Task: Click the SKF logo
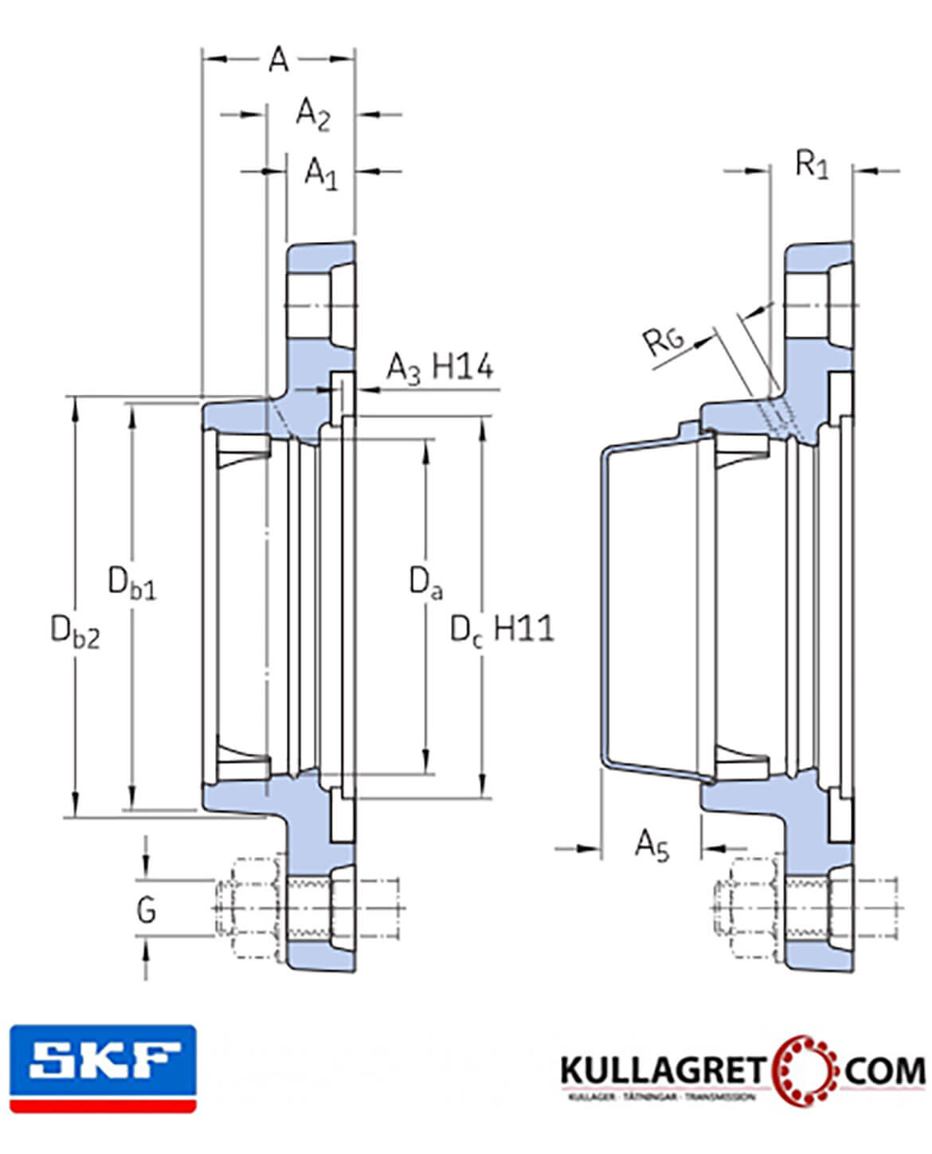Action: click(x=103, y=1067)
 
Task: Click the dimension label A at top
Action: click(x=278, y=59)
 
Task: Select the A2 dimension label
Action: click(x=312, y=114)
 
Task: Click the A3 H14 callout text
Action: click(x=440, y=368)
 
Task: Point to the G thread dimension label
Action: click(x=146, y=909)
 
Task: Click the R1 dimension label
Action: click(x=812, y=166)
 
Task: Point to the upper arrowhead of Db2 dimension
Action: click(x=76, y=406)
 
